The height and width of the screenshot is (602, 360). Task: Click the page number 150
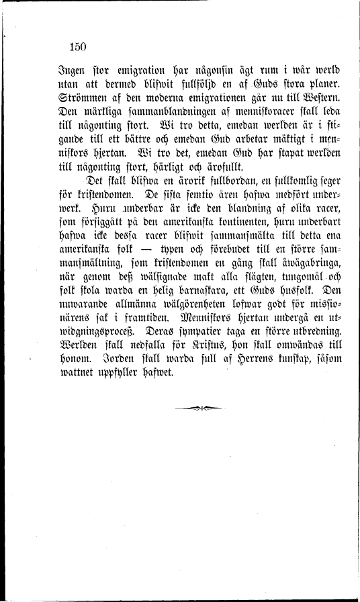(x=79, y=46)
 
